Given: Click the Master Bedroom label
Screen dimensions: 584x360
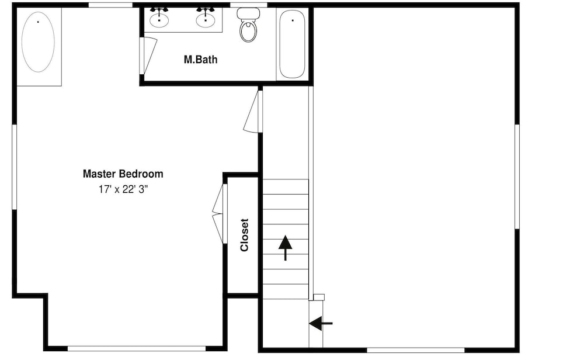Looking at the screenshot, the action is coord(123,174).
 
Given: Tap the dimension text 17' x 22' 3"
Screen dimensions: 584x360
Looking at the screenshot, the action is coord(123,190).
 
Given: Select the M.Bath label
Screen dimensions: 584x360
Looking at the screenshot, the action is coord(201,60).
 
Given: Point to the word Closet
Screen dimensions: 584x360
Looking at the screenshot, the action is coord(244,235).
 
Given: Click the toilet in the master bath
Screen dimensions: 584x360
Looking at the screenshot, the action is coord(248,25).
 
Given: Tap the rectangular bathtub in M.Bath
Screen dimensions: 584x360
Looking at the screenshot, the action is coord(293,44).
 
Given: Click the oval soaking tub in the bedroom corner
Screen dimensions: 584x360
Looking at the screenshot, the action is coord(38,42).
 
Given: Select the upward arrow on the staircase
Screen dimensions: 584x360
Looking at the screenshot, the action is coord(286,248).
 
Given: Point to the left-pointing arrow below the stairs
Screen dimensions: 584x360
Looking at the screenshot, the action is coord(321,324).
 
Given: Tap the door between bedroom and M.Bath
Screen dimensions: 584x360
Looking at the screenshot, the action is coord(148,55).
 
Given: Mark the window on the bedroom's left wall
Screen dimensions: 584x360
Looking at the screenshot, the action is coord(15,167).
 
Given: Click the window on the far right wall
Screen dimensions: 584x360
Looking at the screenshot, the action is coord(517,176).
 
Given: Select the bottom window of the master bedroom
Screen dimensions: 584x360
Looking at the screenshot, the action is coord(137,349).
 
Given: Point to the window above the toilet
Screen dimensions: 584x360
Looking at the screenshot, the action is coord(249,5).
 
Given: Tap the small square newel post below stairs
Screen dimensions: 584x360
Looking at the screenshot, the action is coord(319,297).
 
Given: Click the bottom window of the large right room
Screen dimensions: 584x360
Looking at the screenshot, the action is coord(416,350).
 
